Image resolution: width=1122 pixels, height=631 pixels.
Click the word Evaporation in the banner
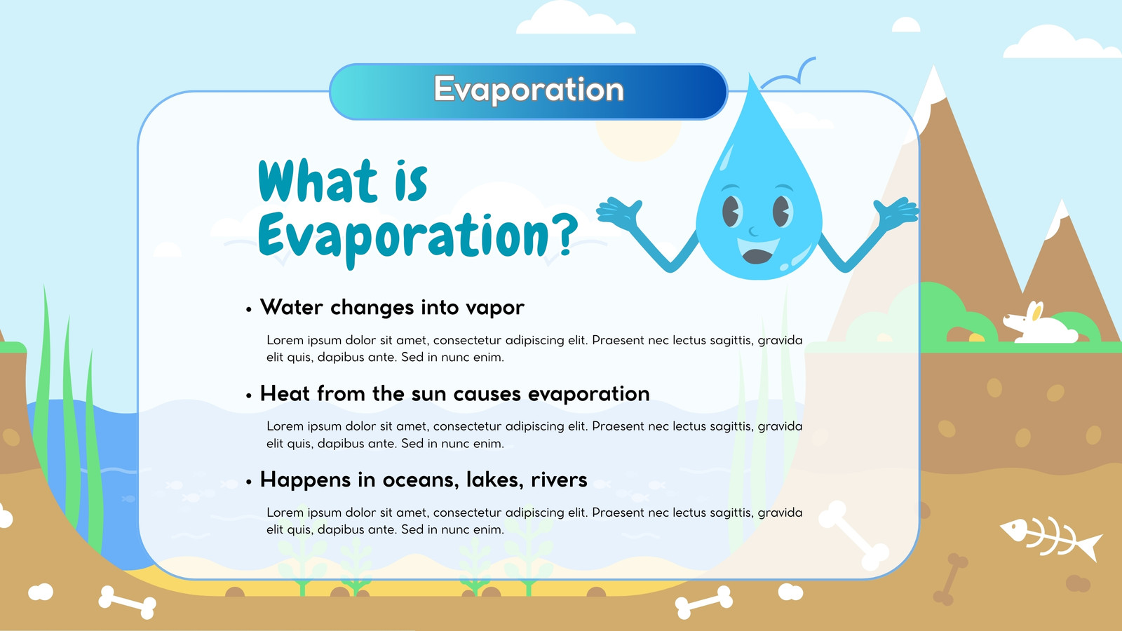point(529,90)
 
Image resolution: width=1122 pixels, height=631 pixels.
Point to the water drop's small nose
point(753,231)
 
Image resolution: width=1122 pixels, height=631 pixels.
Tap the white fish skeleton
point(1051,538)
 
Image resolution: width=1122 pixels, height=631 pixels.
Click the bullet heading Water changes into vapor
point(392,307)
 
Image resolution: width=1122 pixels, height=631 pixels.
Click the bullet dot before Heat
point(249,396)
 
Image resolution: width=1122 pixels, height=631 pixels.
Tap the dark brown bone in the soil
point(950,579)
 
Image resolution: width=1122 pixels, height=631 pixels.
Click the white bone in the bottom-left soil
point(127,602)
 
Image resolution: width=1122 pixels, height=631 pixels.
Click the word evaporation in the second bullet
point(588,394)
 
